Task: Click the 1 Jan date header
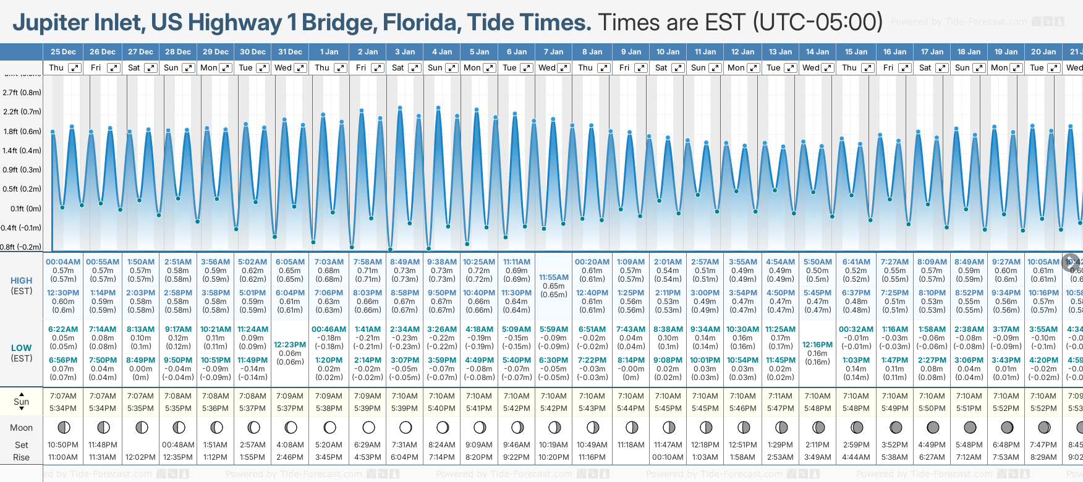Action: click(329, 52)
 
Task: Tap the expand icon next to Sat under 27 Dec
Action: click(150, 68)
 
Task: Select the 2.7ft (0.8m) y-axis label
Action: click(22, 93)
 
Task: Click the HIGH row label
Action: click(22, 281)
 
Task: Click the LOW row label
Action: click(22, 348)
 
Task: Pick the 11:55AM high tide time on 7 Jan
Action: click(553, 277)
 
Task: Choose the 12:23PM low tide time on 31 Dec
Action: click(290, 345)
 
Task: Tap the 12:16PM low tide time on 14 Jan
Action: click(817, 345)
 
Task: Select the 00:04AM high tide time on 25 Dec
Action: click(63, 262)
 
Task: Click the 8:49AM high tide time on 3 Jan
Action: click(405, 262)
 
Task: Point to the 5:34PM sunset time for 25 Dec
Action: click(63, 408)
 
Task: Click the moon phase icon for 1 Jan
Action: click(329, 428)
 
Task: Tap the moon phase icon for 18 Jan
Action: click(970, 428)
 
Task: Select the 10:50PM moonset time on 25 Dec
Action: click(63, 445)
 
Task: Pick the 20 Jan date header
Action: click(1043, 52)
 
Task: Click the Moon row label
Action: click(22, 428)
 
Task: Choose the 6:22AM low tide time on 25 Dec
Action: click(63, 329)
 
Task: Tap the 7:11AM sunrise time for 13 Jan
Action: click(780, 396)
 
